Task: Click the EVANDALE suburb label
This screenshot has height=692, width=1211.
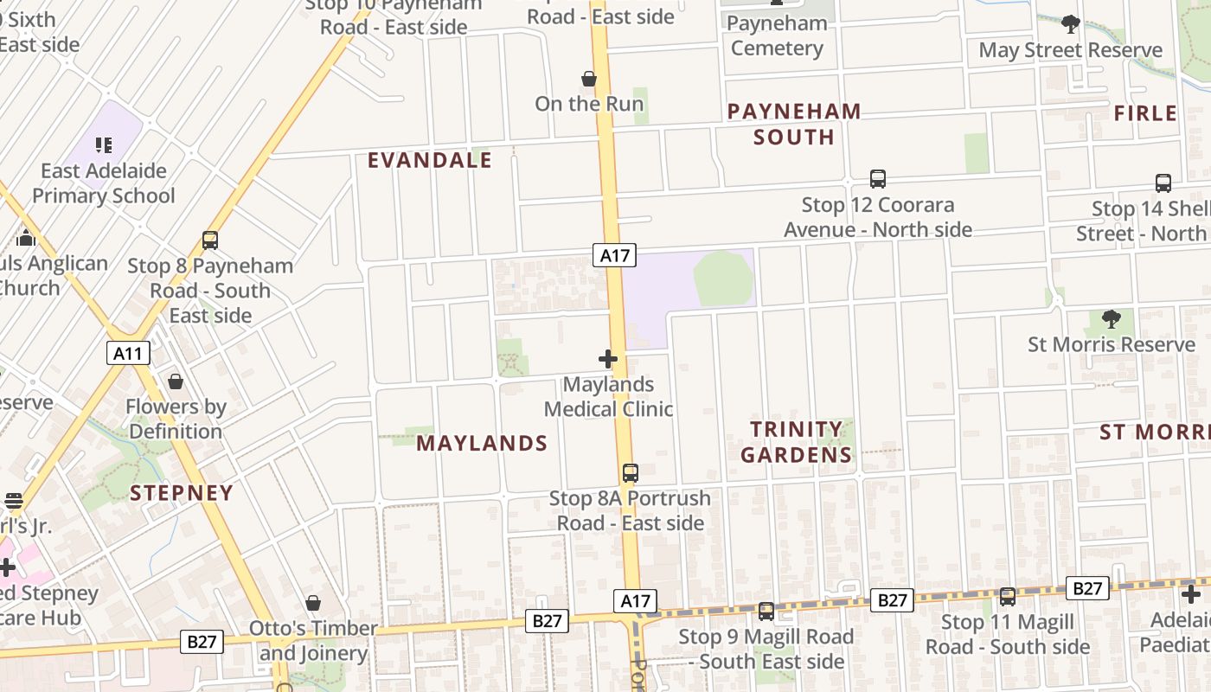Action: (430, 160)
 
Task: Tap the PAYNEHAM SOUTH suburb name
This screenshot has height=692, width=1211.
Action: (794, 124)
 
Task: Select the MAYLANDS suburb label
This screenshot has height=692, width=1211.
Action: (482, 443)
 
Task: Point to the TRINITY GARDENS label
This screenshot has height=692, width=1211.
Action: (797, 442)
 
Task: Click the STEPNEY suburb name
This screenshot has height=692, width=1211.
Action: (182, 493)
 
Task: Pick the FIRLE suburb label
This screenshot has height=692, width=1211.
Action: (1145, 113)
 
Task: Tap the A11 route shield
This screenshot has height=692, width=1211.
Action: (128, 353)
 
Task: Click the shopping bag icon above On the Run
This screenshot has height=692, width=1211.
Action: (589, 80)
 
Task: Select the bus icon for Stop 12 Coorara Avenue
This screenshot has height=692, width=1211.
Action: (878, 179)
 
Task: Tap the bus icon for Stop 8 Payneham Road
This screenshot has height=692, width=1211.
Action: (210, 240)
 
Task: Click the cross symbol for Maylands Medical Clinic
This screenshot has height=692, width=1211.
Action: (608, 359)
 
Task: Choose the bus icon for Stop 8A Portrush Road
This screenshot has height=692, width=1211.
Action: (631, 473)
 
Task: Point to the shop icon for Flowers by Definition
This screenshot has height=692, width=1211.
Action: (176, 381)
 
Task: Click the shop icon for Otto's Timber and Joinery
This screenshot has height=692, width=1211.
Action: (313, 603)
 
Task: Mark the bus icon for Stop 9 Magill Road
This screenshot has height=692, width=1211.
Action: (766, 612)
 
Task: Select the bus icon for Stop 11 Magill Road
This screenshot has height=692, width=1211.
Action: (1008, 597)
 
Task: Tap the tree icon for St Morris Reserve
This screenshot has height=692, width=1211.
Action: (1112, 319)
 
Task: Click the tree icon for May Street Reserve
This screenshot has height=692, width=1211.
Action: (1071, 24)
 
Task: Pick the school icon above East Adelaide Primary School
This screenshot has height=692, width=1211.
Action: (104, 145)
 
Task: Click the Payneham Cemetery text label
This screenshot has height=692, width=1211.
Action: (777, 36)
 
